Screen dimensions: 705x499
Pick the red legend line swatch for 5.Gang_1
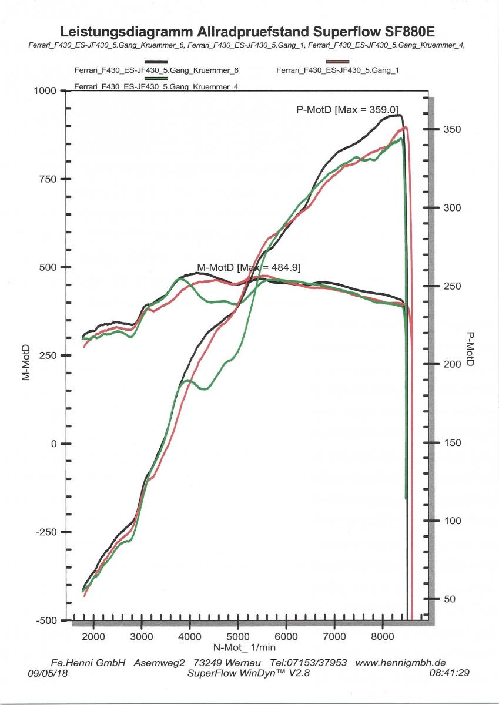pos(337,62)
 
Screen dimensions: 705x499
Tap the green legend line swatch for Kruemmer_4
pos(156,78)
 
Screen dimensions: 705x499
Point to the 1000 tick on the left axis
pos(43,91)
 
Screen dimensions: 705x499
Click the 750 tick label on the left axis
pos(46,179)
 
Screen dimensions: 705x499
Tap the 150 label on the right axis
pos(451,443)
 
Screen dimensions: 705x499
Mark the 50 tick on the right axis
pos(449,599)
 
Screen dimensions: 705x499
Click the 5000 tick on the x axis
pos(237,636)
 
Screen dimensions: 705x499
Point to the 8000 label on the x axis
pos(382,636)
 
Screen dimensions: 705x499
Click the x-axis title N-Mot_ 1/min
pos(244,647)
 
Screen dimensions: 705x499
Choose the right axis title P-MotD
pos(470,349)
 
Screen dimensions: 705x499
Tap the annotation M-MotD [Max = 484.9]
pos(249,267)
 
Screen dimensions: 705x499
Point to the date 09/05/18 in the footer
pos(47,673)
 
